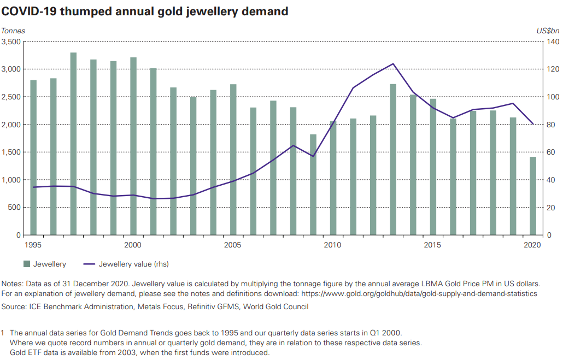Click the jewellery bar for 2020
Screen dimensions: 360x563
coord(533,196)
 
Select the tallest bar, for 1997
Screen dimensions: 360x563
coord(73,144)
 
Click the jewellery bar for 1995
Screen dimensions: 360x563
coord(33,157)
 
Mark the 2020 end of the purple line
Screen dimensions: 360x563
coord(533,124)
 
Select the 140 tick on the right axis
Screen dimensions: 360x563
coord(552,42)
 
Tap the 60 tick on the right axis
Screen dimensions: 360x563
coord(550,152)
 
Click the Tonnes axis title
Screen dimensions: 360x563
coord(14,31)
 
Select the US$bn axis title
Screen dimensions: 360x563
coord(547,31)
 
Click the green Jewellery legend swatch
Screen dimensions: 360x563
coord(26,264)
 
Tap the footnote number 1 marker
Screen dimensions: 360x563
coord(3,333)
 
